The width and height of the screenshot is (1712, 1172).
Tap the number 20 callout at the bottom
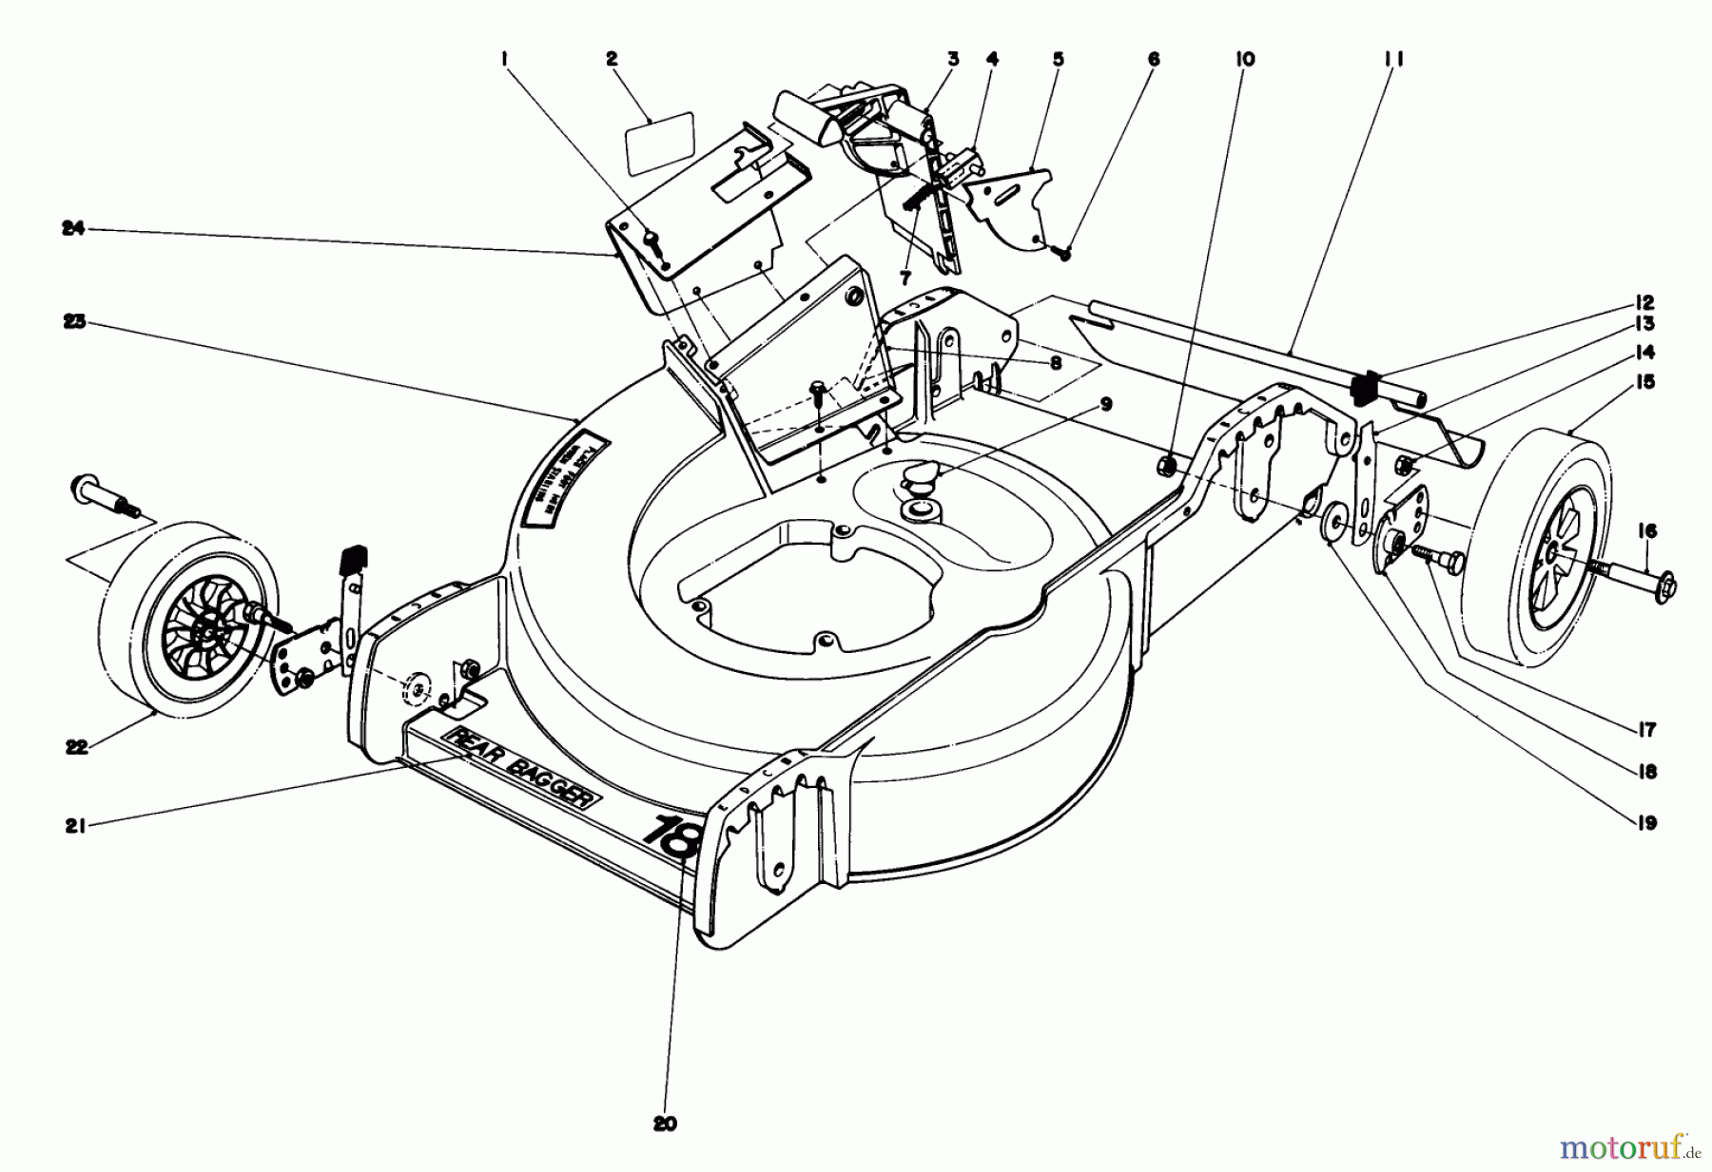665,1124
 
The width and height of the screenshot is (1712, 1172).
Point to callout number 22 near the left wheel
76,747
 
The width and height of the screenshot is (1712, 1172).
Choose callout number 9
1105,402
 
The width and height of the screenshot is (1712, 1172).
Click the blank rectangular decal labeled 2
659,141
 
